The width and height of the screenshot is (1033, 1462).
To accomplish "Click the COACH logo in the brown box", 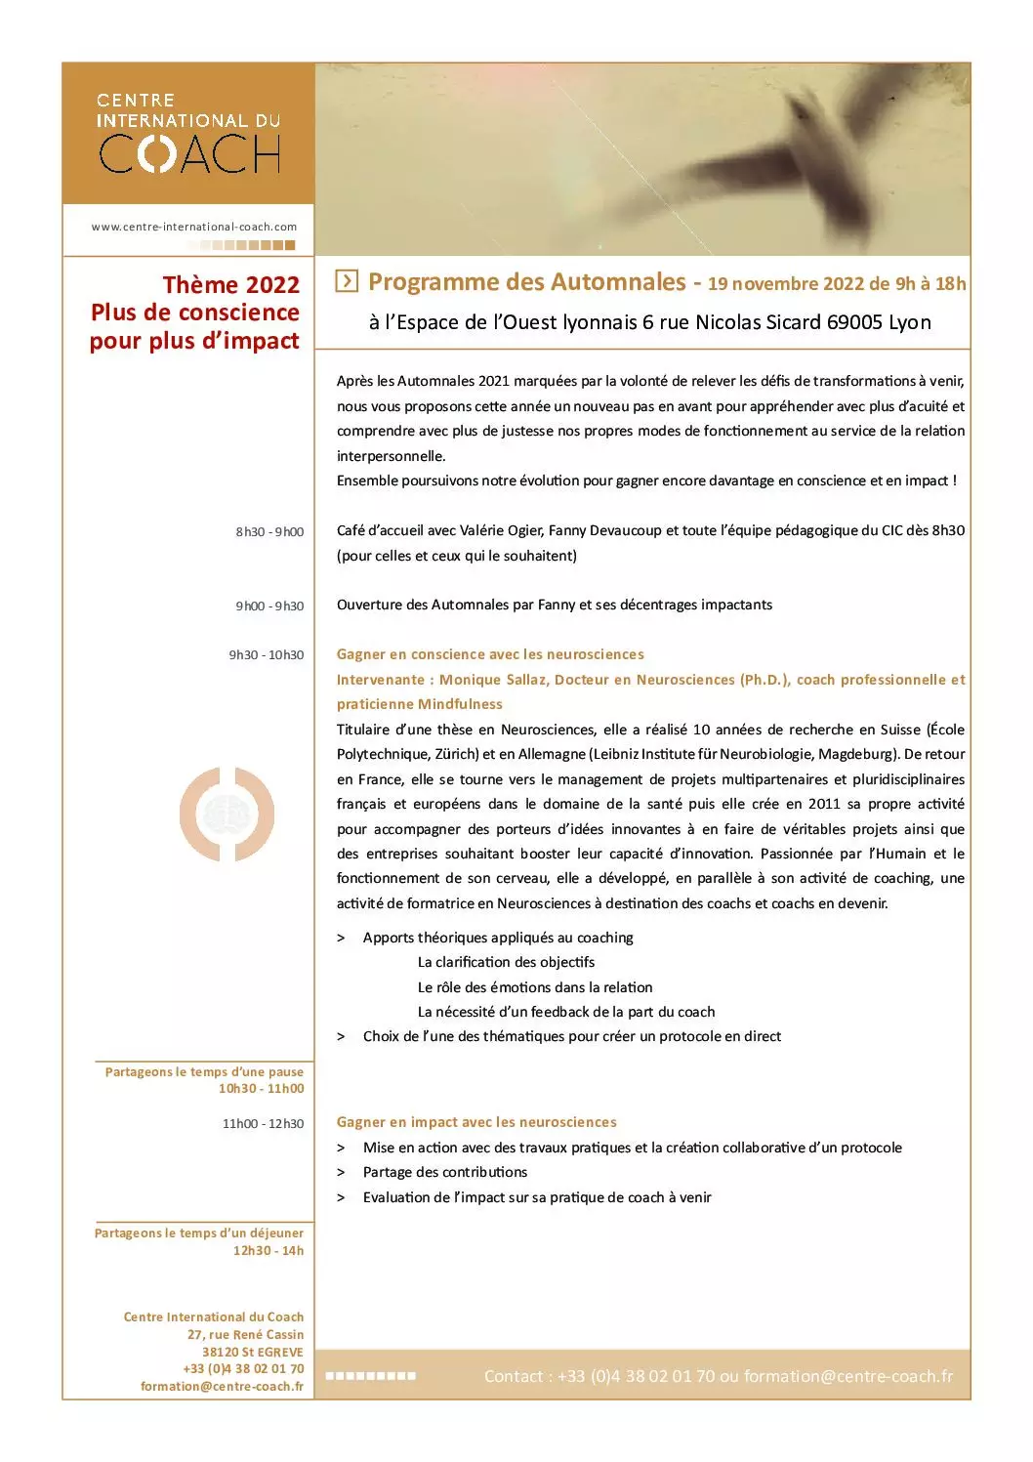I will (x=189, y=152).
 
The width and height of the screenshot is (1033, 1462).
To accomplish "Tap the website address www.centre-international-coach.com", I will (x=194, y=227).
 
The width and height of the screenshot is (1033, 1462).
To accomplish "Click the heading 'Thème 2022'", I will (x=231, y=284).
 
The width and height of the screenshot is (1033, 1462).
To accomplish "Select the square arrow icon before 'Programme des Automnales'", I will (x=346, y=281).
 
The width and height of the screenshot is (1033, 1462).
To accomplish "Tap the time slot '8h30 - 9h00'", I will (x=269, y=532).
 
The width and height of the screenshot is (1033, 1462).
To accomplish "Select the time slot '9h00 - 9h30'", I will (x=269, y=606).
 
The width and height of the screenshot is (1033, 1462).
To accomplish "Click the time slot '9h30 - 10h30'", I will (x=267, y=655).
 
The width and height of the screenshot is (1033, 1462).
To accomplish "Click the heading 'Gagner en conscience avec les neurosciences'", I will (x=490, y=654).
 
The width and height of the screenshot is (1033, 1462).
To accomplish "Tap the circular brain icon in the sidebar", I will (x=227, y=815).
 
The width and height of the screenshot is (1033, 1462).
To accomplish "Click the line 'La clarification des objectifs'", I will (x=506, y=962).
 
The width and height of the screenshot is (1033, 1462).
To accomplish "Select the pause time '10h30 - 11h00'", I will (x=261, y=1089).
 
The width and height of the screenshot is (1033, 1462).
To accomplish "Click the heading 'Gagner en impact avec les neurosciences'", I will (x=476, y=1122).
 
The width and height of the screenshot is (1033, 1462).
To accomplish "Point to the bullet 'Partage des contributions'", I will (x=444, y=1172).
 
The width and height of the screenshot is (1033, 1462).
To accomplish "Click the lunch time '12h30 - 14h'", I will (x=269, y=1251).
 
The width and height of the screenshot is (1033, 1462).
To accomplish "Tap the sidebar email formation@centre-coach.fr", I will (x=222, y=1387).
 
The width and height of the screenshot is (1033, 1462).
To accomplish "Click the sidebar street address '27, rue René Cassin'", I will (x=245, y=1335).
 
